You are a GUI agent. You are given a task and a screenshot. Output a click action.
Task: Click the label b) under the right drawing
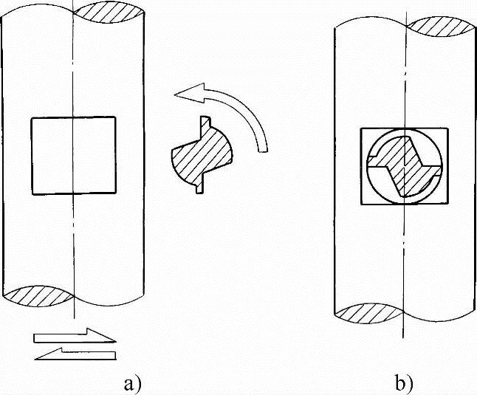(403, 384)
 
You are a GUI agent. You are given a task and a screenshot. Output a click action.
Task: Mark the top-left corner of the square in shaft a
(30, 117)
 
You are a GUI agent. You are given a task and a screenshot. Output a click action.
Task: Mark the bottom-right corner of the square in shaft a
(116, 194)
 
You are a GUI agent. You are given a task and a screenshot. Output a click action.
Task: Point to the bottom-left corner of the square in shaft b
(360, 205)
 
